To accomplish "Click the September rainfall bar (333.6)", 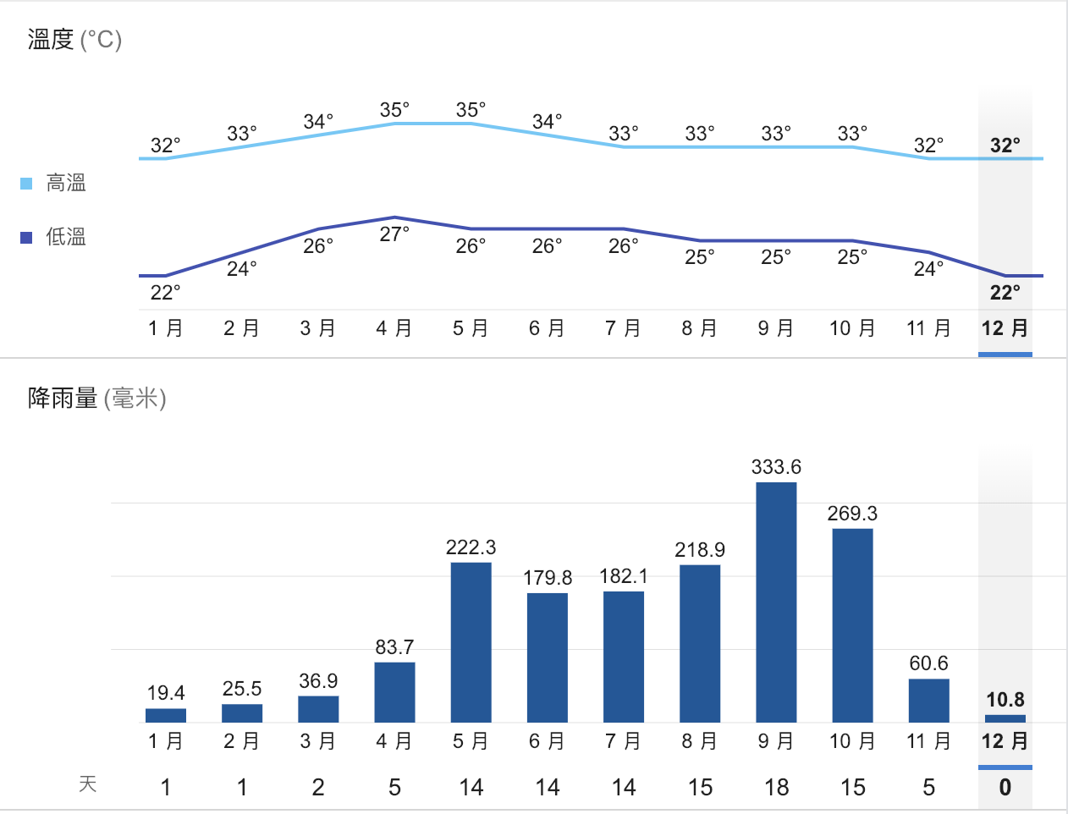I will pos(776,602).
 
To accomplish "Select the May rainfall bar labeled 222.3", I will pos(471,641).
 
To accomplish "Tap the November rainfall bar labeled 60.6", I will pos(928,700).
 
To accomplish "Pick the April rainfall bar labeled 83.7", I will pos(394,691).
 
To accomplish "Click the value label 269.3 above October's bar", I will pos(852,514).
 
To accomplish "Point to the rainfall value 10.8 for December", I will pos(1005,700).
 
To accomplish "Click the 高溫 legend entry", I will pos(64,183).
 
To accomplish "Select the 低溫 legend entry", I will pos(64,237).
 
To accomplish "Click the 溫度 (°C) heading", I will pos(74,40).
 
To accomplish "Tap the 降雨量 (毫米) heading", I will pos(96,398).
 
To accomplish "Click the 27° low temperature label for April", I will pos(394,234).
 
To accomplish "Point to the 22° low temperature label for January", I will pos(165,293).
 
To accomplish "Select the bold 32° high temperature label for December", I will pos(1005,146).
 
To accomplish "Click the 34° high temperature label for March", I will pos(318,122).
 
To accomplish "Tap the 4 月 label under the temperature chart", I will pos(394,328).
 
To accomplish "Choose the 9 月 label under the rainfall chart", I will pos(776,741).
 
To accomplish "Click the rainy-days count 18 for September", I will pos(776,788).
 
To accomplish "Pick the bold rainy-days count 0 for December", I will pos(1005,788).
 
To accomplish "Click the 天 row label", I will pos(88,784).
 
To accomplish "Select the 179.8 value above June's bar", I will pos(548,578).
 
